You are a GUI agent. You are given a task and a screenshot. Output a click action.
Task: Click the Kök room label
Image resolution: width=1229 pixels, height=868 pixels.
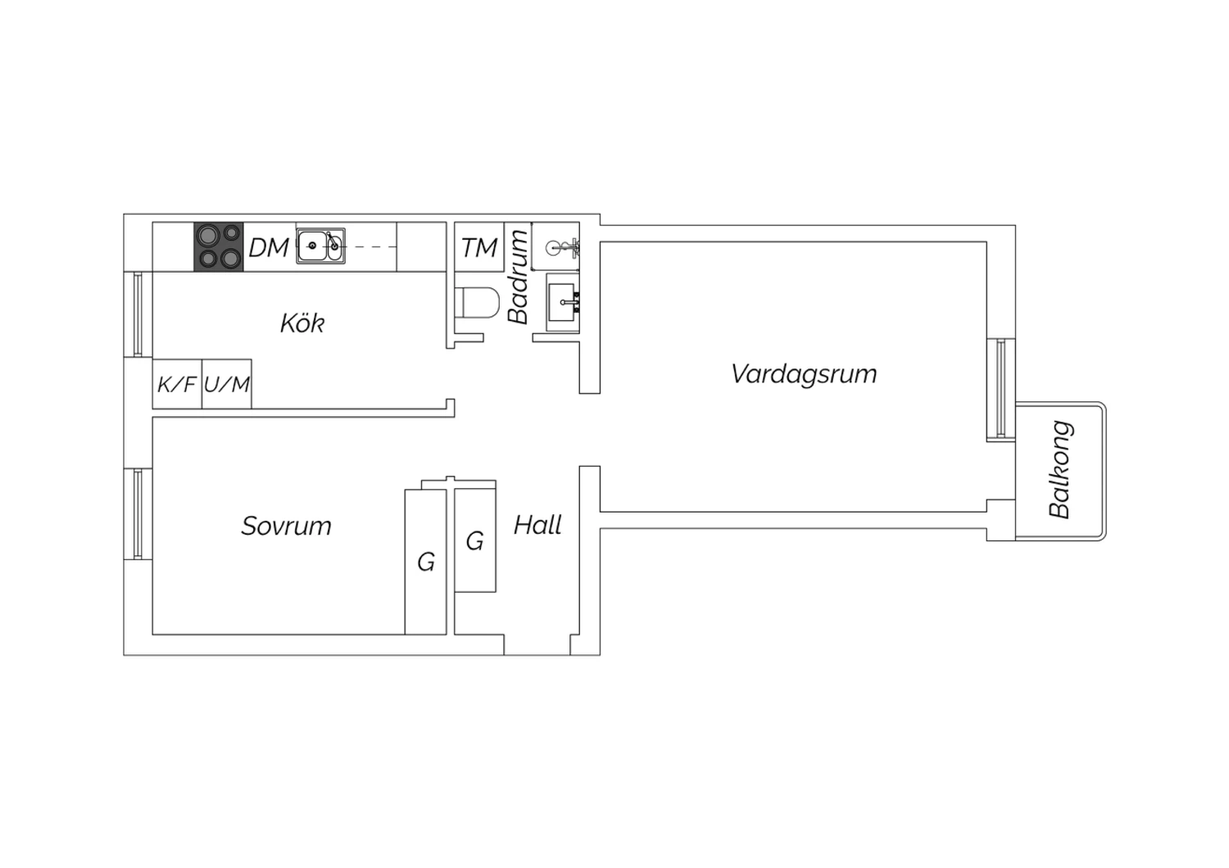pos(302,323)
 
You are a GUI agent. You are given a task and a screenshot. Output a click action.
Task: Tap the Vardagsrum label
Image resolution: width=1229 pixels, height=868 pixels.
pos(804,374)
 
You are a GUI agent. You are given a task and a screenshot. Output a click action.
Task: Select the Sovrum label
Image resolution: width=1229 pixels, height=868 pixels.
pos(287,527)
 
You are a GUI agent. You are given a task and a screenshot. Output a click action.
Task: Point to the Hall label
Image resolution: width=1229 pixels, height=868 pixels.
pos(537,525)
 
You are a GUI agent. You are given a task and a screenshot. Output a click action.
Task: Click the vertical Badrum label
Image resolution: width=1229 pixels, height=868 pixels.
pos(518,277)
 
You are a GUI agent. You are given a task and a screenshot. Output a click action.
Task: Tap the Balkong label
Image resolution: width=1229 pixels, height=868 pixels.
pos(1060,469)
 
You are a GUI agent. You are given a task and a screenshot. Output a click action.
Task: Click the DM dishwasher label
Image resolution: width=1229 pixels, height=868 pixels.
pos(269,247)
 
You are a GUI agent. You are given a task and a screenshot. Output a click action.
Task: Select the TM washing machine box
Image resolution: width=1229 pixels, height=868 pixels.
pos(479,246)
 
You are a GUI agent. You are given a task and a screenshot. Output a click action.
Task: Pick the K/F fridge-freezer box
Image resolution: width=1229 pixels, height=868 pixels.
pos(177,384)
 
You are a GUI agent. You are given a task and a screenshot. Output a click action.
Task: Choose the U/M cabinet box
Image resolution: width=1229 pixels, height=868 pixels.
pos(227,384)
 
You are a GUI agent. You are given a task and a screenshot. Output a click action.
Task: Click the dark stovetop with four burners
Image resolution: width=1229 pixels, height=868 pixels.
pos(219,246)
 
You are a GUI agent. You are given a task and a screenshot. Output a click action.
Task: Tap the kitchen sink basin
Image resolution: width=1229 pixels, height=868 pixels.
pos(320,246)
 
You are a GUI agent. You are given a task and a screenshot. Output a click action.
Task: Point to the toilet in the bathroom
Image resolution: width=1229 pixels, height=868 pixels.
pos(478,302)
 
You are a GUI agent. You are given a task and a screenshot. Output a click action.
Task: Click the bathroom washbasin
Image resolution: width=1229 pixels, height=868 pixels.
pos(563,303)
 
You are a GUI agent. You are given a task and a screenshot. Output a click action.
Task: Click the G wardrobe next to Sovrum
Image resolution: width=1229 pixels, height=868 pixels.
pos(426,562)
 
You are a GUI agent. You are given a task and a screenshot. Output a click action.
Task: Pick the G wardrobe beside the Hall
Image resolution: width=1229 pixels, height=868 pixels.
pos(475,540)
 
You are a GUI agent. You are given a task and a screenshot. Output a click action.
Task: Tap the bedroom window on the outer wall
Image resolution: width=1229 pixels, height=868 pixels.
pos(138,513)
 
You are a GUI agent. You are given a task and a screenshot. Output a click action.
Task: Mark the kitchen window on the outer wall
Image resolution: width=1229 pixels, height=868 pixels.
pos(138,314)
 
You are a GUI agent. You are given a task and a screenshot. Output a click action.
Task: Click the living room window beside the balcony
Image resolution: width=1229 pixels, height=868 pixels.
pos(1000,389)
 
